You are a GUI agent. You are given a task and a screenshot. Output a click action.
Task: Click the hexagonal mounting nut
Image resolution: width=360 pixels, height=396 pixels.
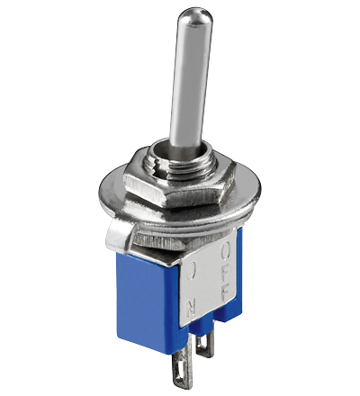[177, 183]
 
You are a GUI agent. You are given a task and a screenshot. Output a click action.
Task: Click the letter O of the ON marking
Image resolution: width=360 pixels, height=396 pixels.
[192, 272]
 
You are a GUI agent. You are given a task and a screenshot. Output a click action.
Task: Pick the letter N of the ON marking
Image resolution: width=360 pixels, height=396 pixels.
[192, 307]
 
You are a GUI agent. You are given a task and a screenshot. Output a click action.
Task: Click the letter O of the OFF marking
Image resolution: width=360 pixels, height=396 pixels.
[226, 251]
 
